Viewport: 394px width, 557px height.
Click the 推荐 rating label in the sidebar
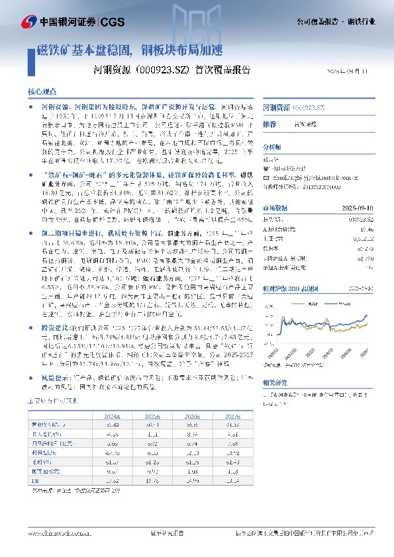point(270,124)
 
